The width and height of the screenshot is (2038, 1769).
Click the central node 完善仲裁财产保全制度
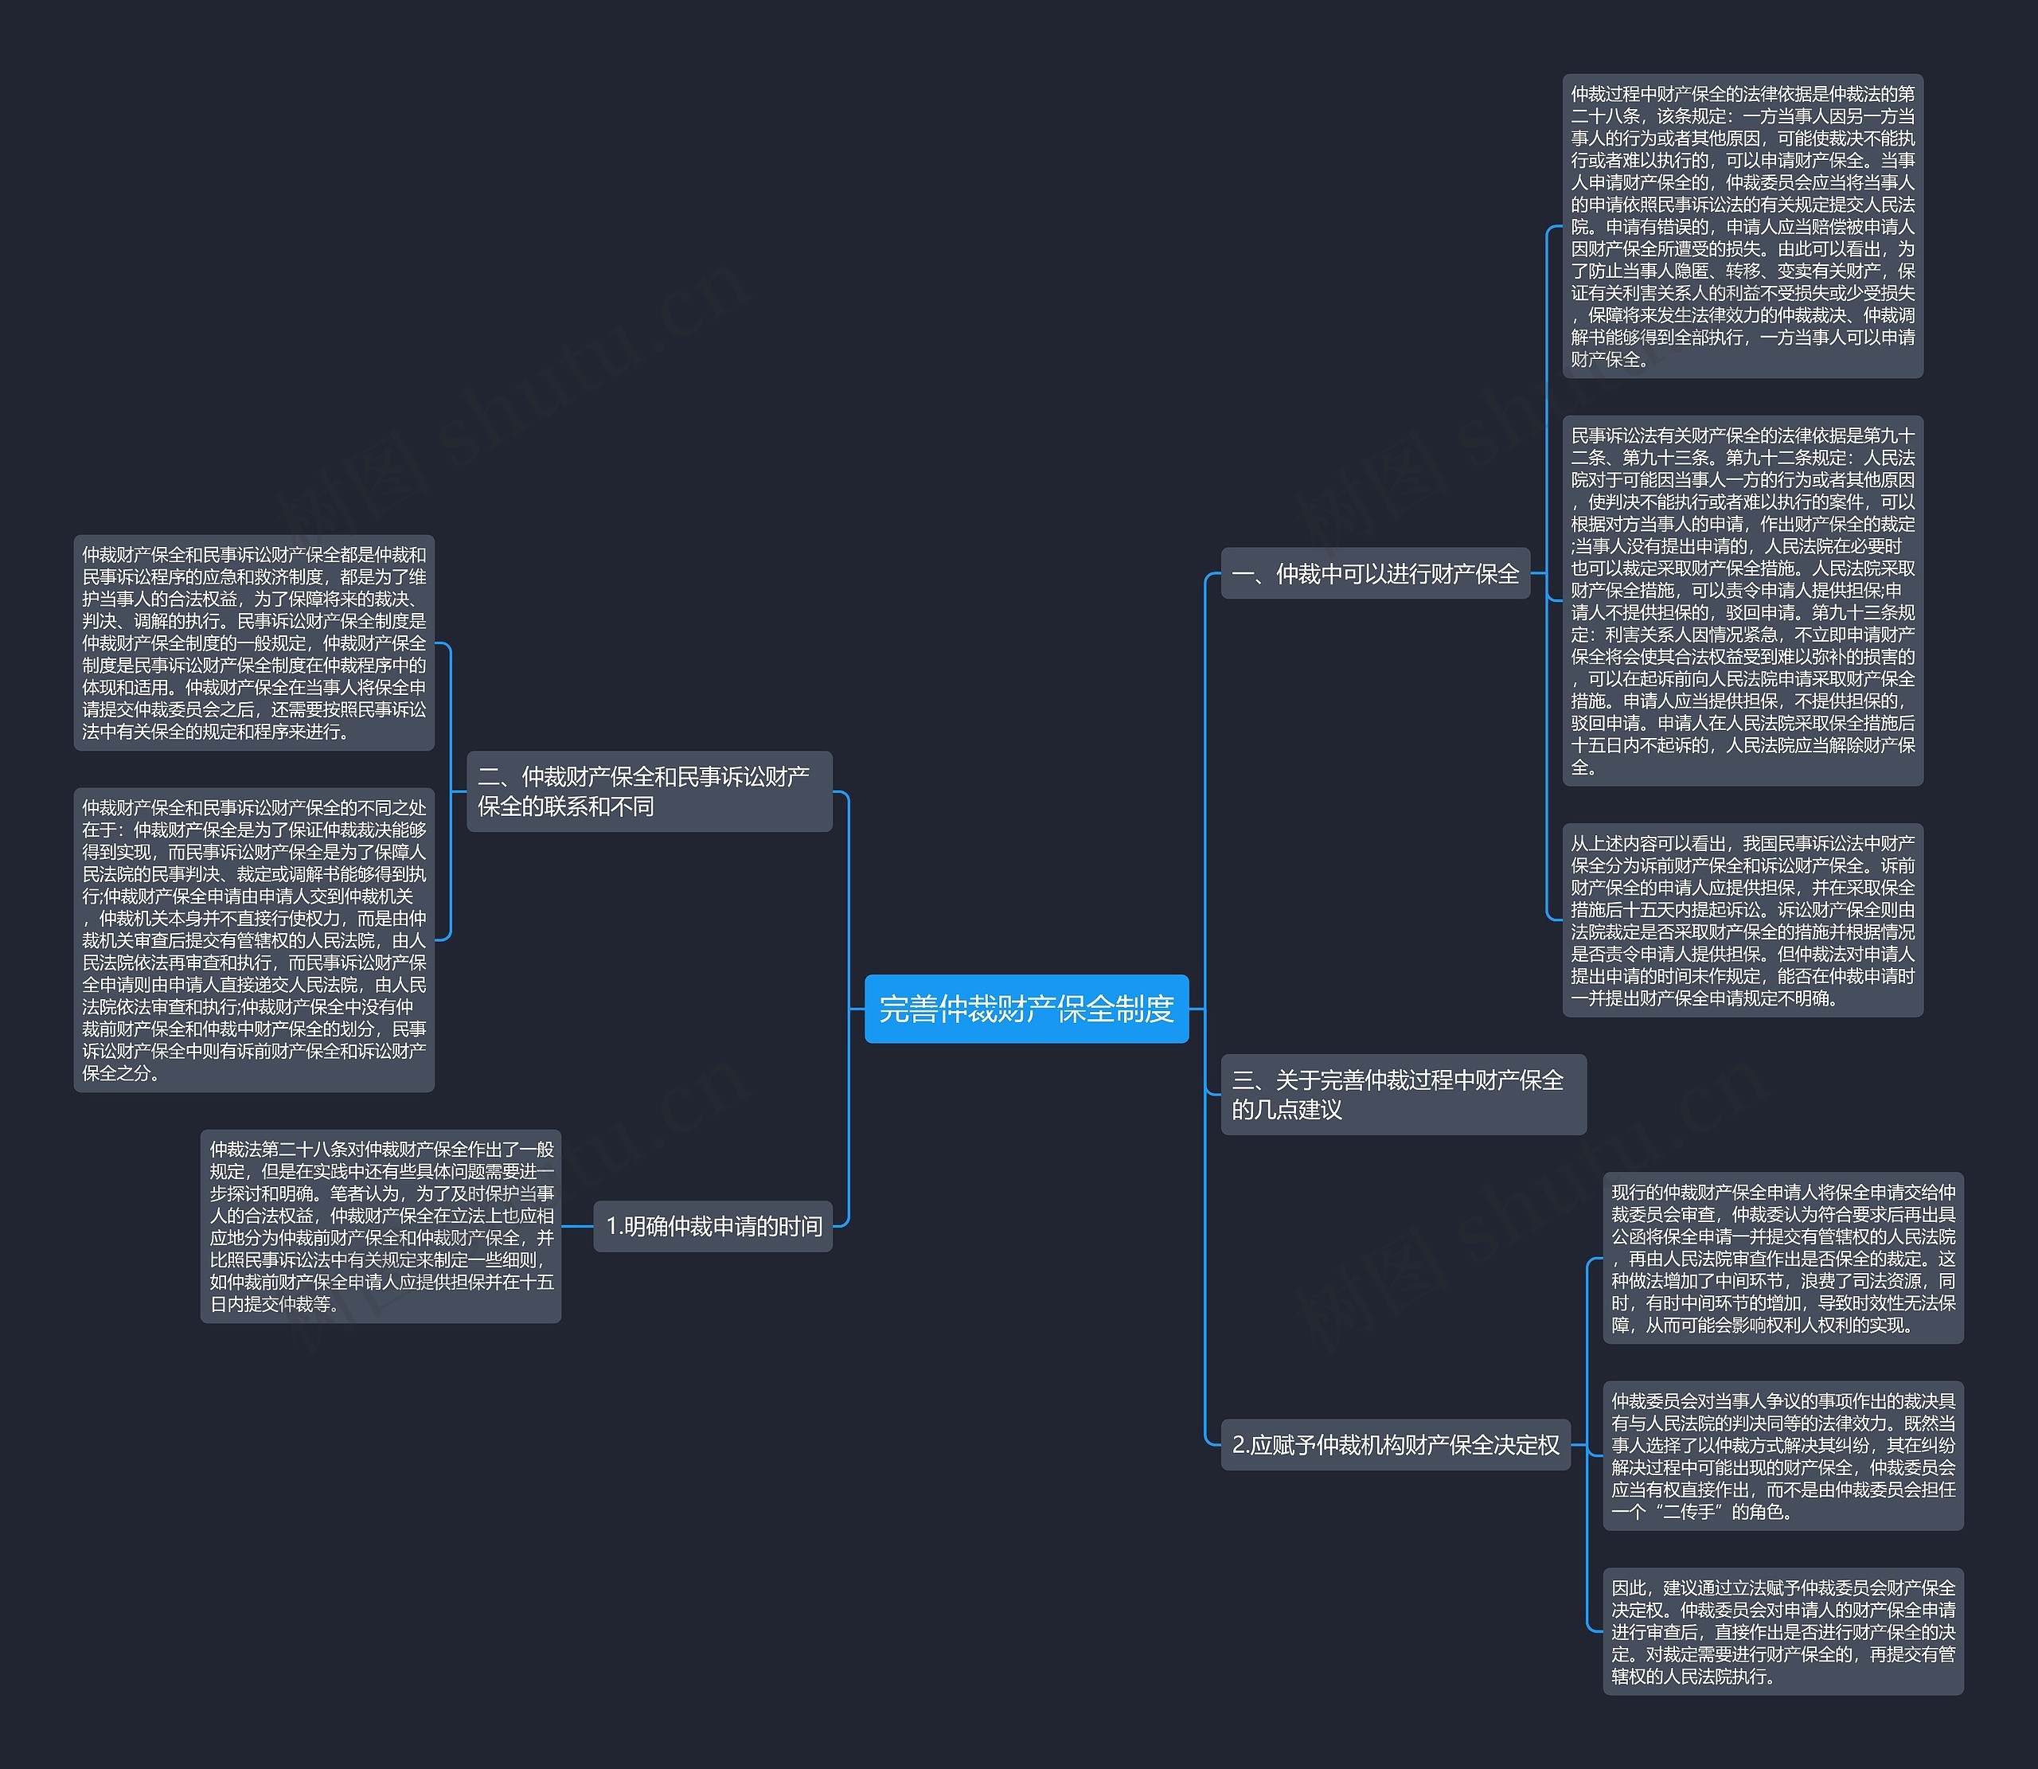1025,1008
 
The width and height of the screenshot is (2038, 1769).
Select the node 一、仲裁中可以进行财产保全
1375,573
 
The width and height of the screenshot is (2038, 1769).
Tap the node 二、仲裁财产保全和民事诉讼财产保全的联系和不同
648,791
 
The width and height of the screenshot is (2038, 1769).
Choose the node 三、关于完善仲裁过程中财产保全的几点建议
1403,1094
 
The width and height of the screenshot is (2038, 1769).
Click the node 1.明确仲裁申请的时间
713,1226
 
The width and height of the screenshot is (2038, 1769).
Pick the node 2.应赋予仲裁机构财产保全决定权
1395,1444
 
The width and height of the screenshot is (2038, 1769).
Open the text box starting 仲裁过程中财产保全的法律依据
1742,226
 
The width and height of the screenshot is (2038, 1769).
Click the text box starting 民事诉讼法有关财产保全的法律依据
1742,600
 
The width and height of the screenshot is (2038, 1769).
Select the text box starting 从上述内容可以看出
1742,920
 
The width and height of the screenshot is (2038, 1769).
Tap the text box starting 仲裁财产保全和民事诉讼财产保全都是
254,642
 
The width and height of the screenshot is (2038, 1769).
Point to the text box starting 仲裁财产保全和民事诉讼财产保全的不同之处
254,939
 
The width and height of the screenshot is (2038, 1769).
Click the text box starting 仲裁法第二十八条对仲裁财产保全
381,1226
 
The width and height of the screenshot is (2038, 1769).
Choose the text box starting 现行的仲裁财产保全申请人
1782,1258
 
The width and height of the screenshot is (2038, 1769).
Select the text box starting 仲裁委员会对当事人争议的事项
1782,1455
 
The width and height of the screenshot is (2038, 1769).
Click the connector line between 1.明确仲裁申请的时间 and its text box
577,1227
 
